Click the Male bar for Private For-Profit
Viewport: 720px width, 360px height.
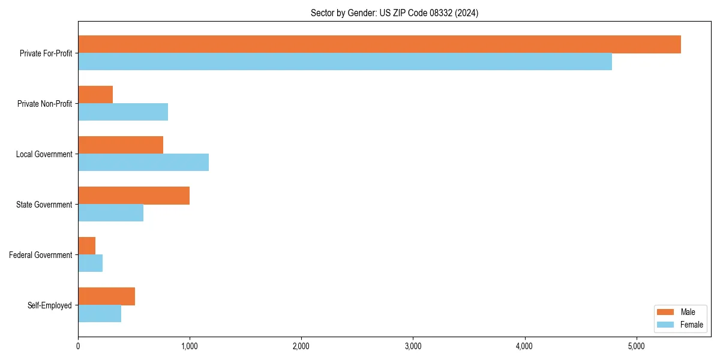point(379,44)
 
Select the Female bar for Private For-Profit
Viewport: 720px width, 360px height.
point(345,62)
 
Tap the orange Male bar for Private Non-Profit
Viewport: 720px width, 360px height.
point(95,95)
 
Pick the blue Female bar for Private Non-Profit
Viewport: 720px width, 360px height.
point(123,112)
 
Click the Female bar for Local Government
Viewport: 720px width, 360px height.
point(143,163)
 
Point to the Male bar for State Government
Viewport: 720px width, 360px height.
point(134,196)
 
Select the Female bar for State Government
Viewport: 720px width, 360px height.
point(110,213)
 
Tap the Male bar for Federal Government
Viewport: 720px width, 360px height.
point(87,246)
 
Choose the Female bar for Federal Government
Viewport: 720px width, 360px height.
point(91,263)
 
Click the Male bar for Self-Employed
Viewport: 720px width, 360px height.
point(106,296)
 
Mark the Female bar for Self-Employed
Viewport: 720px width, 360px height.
point(100,314)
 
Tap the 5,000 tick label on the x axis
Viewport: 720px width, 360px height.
point(636,346)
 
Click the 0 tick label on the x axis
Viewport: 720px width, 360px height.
point(78,346)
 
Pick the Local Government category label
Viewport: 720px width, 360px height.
point(44,154)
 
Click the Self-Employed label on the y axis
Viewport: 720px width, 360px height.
point(49,305)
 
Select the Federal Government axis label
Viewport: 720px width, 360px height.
point(40,255)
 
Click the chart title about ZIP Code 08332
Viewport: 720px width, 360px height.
point(394,13)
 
